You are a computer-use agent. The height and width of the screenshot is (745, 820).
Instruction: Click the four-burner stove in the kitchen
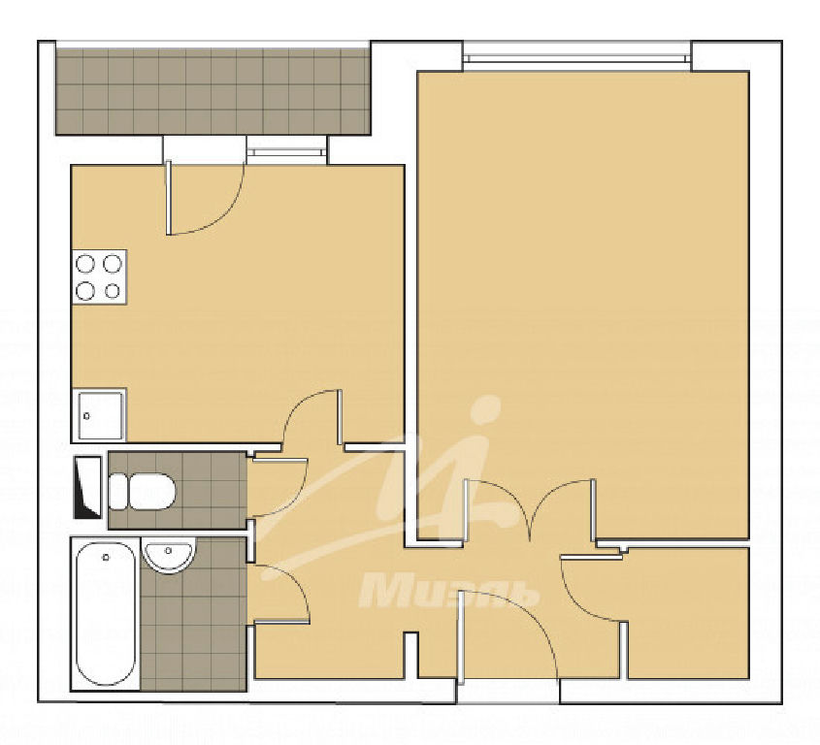coord(99,277)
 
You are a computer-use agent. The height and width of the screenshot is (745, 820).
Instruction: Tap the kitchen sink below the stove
coord(99,415)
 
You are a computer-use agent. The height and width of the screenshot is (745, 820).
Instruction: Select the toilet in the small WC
coord(143,492)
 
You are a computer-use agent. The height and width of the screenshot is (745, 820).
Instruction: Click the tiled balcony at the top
coord(213,91)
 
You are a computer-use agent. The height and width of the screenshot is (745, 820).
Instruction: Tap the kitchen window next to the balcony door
coord(286,151)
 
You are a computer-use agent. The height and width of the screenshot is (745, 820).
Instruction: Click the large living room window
coord(577,57)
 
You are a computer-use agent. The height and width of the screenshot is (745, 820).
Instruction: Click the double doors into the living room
coord(530,509)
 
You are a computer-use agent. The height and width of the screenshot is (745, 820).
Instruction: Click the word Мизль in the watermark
coord(449,591)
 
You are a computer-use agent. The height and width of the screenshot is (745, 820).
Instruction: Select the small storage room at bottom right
coord(688,613)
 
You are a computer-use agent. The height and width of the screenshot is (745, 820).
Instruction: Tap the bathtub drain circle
coord(106,558)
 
